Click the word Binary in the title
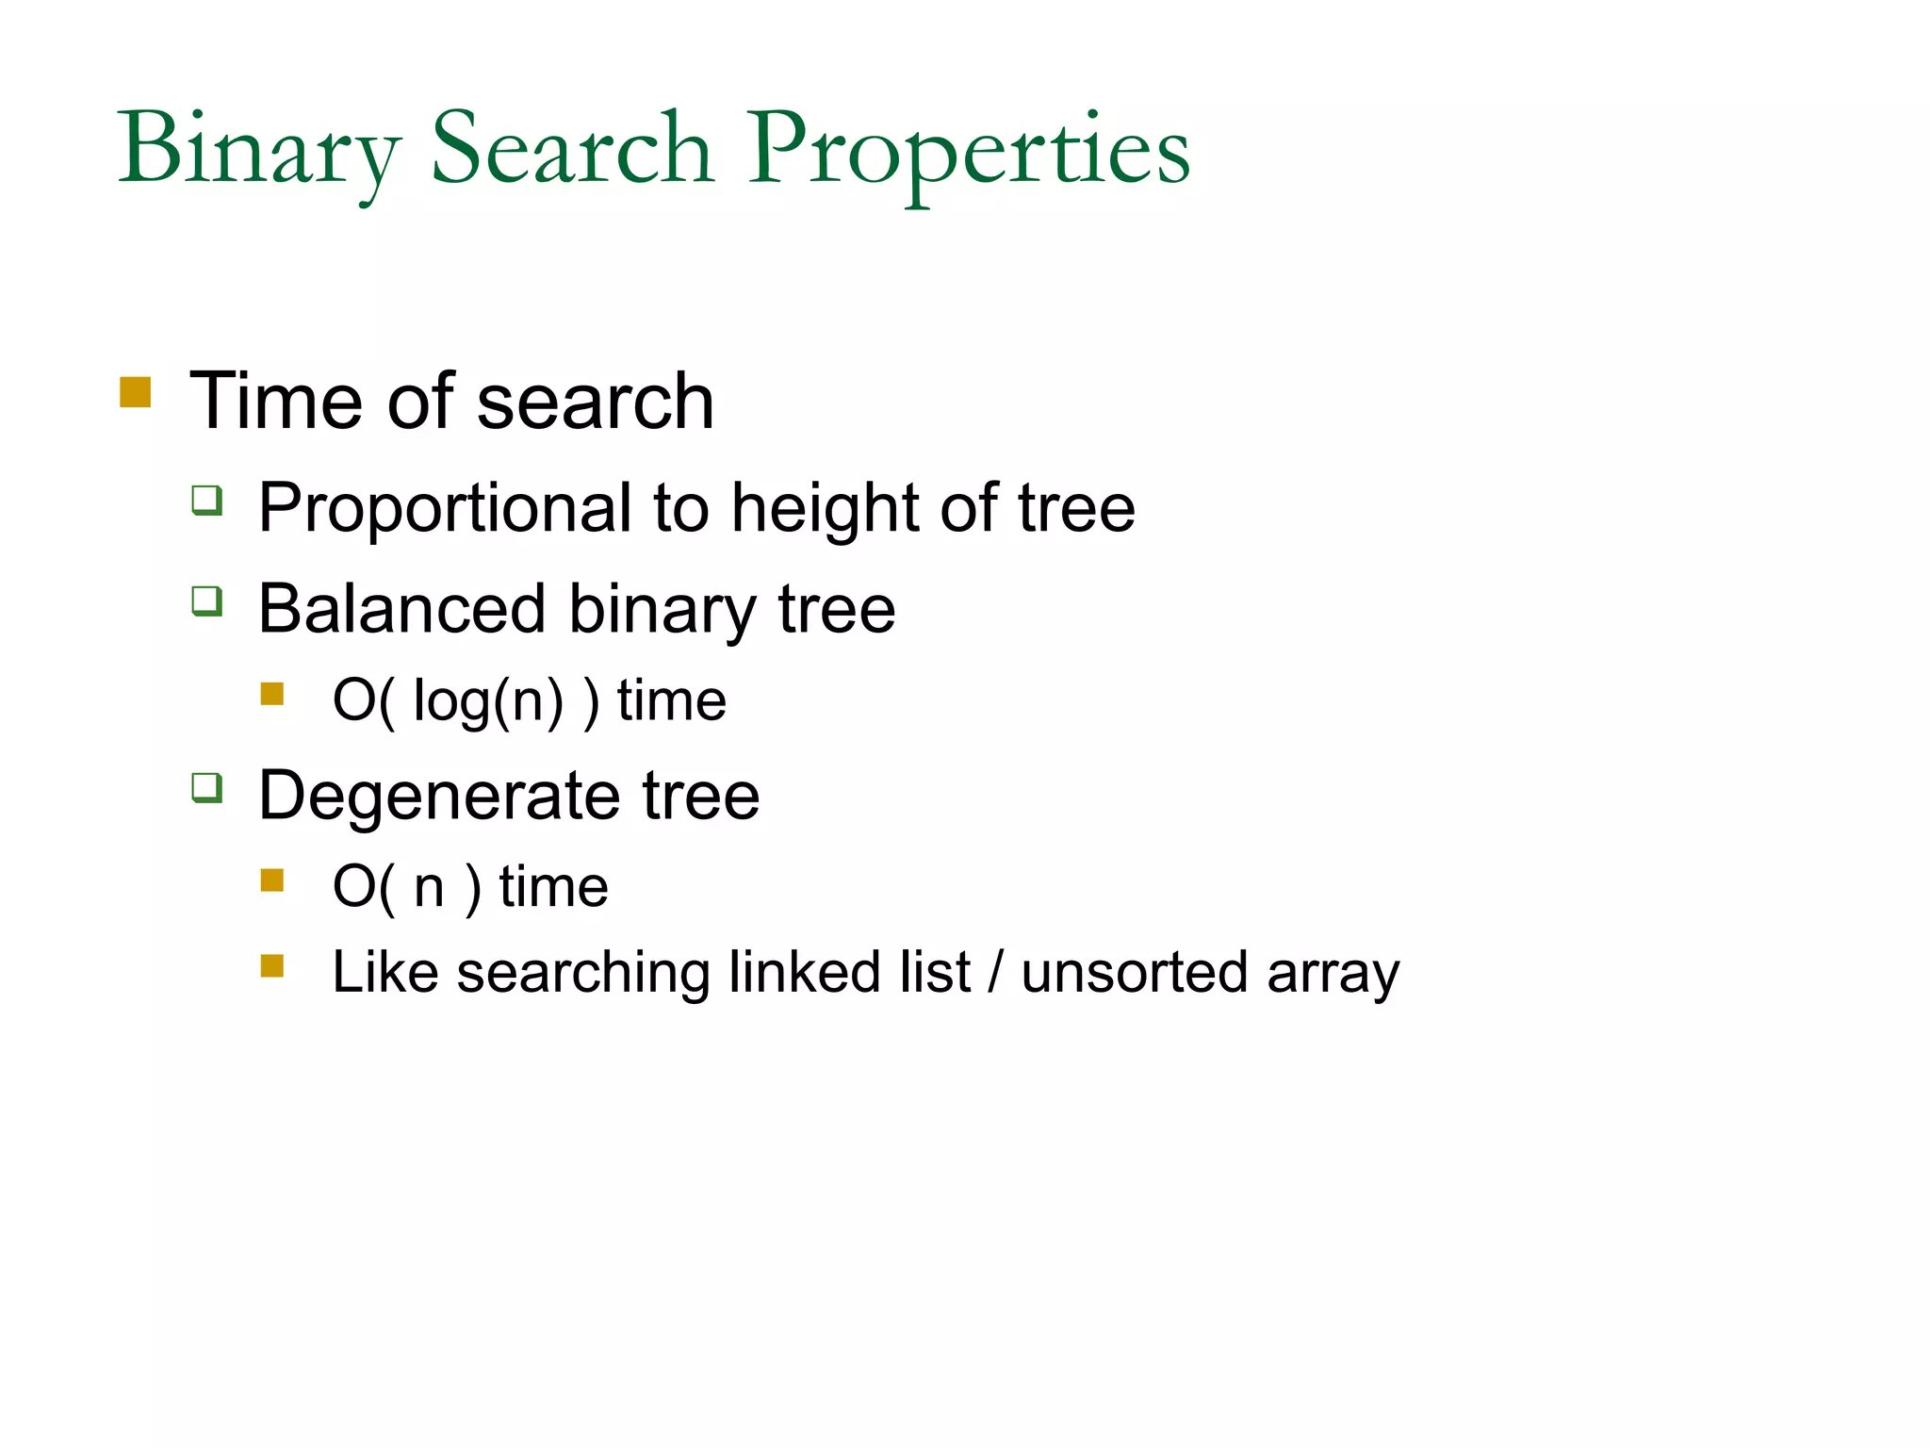(259, 151)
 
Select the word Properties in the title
(969, 151)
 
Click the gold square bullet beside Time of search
(136, 392)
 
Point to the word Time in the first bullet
(275, 402)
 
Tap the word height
(826, 509)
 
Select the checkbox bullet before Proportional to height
(207, 500)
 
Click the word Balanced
(402, 609)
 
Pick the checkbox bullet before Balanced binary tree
(207, 601)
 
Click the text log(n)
(488, 701)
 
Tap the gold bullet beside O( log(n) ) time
(272, 694)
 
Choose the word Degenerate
(439, 796)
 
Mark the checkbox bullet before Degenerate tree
(207, 787)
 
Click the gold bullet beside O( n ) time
(272, 880)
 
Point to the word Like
(384, 972)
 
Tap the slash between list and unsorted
(995, 972)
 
